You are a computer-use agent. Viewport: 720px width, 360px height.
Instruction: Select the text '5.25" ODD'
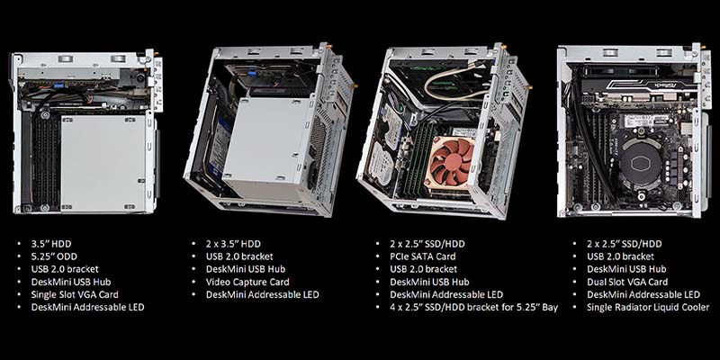[x=53, y=256]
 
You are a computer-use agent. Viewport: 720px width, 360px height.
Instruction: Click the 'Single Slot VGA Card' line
[x=75, y=294]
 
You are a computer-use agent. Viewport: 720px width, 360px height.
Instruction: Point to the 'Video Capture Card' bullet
[x=248, y=282]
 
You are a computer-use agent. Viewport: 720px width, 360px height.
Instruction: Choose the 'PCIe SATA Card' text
[x=423, y=256]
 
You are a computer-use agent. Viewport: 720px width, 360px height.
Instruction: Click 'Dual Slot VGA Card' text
[x=627, y=282]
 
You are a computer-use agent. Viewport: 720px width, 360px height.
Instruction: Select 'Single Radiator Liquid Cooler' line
[x=648, y=307]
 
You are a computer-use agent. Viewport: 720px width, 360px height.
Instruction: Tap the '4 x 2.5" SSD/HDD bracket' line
[x=474, y=307]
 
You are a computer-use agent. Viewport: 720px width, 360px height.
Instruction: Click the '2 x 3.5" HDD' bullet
[x=233, y=244]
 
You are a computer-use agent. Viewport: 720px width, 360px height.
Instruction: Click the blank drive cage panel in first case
[x=104, y=164]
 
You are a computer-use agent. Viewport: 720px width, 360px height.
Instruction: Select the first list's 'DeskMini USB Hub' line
[x=71, y=282]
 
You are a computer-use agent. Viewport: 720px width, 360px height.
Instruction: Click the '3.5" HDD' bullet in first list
[x=51, y=244]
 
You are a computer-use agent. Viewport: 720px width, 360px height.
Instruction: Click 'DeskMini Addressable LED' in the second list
[x=262, y=294]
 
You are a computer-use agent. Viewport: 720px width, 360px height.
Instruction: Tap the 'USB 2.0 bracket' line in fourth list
[x=620, y=256]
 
